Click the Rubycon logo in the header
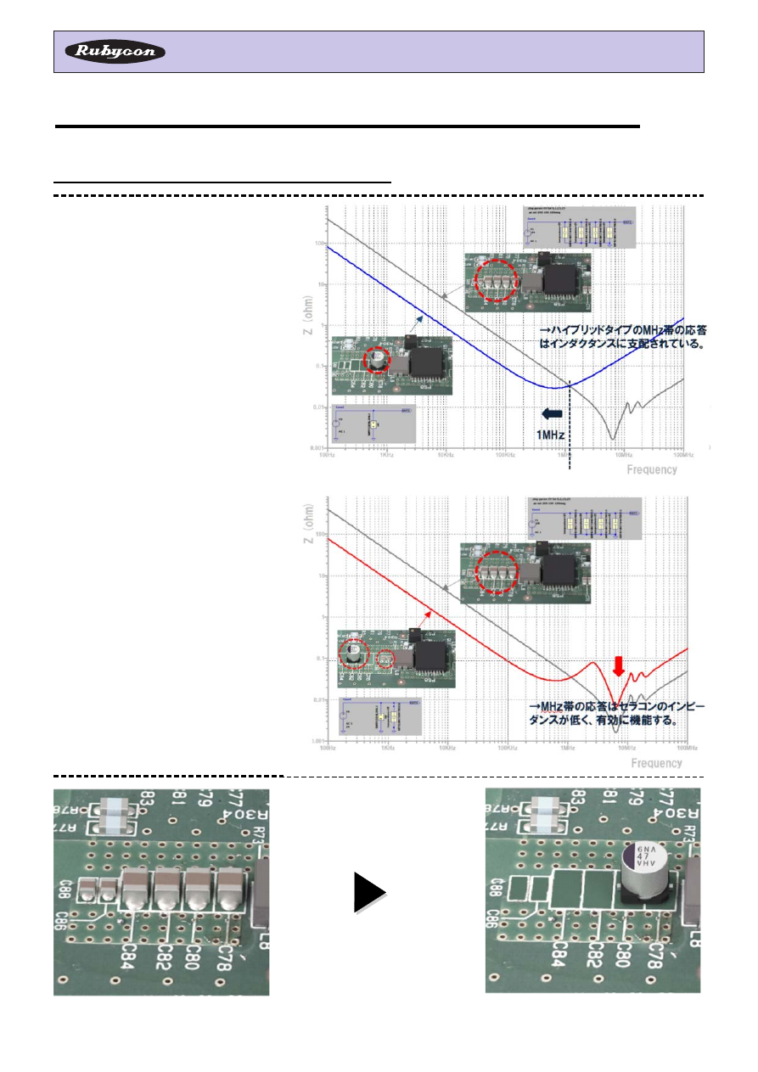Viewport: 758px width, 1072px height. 115,52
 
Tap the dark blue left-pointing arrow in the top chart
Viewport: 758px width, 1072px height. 551,413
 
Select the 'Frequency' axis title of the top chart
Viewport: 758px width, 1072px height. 651,469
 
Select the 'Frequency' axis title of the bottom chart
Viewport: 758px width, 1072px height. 656,763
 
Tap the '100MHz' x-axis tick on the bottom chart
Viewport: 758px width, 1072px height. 684,748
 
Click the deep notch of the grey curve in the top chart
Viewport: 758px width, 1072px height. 613,438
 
